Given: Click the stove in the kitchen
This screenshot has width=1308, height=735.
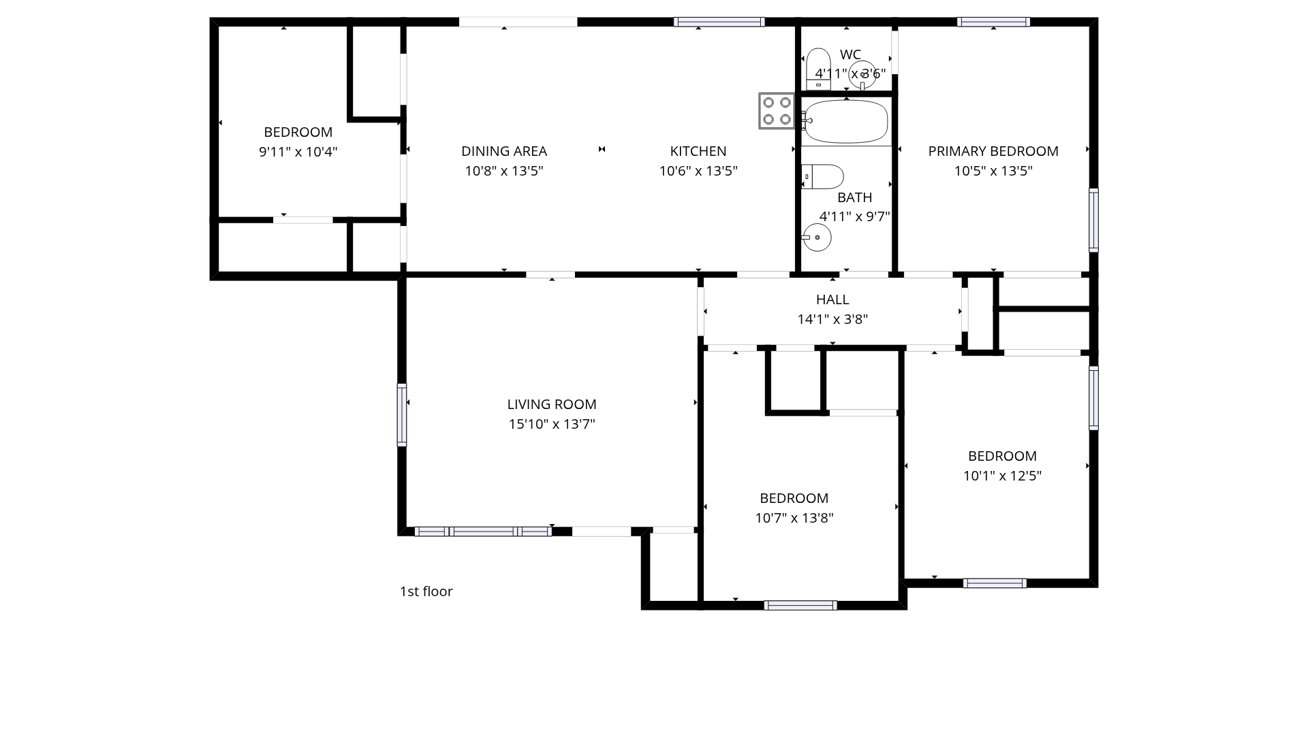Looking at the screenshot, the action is (777, 111).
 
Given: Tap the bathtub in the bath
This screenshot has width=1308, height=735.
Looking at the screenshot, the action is (845, 122).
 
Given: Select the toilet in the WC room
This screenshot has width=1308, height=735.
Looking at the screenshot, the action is (818, 69).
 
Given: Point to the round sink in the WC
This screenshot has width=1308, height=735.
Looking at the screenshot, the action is (862, 75).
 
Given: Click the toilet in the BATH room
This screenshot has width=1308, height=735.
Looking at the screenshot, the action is (822, 177).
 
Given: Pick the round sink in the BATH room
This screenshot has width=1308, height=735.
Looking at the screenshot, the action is (817, 238).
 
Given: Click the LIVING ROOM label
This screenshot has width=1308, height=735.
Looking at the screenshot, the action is (552, 404).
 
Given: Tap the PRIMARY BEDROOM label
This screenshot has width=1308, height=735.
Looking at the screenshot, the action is (993, 151).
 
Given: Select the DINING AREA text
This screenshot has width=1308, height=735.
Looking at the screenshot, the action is (504, 151).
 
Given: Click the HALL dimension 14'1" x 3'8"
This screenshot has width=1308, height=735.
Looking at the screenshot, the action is (832, 319).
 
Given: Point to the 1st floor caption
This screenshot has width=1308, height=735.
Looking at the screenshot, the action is (426, 591).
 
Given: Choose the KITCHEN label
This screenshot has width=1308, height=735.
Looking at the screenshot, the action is (698, 151).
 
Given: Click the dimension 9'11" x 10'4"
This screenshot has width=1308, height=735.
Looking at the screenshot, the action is (298, 152).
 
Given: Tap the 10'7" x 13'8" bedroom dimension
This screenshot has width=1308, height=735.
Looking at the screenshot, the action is (794, 518).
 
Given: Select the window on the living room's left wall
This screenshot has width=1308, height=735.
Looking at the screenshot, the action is (402, 415).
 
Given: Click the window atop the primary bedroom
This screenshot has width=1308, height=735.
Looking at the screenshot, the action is (993, 22).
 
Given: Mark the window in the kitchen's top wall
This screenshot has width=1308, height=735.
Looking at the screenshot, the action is (719, 22).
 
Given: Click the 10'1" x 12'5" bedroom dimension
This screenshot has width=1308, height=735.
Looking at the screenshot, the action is (1002, 476).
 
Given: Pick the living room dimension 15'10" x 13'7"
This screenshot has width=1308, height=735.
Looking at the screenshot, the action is (552, 424).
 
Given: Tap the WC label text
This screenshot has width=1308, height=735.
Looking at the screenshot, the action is (850, 54).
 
